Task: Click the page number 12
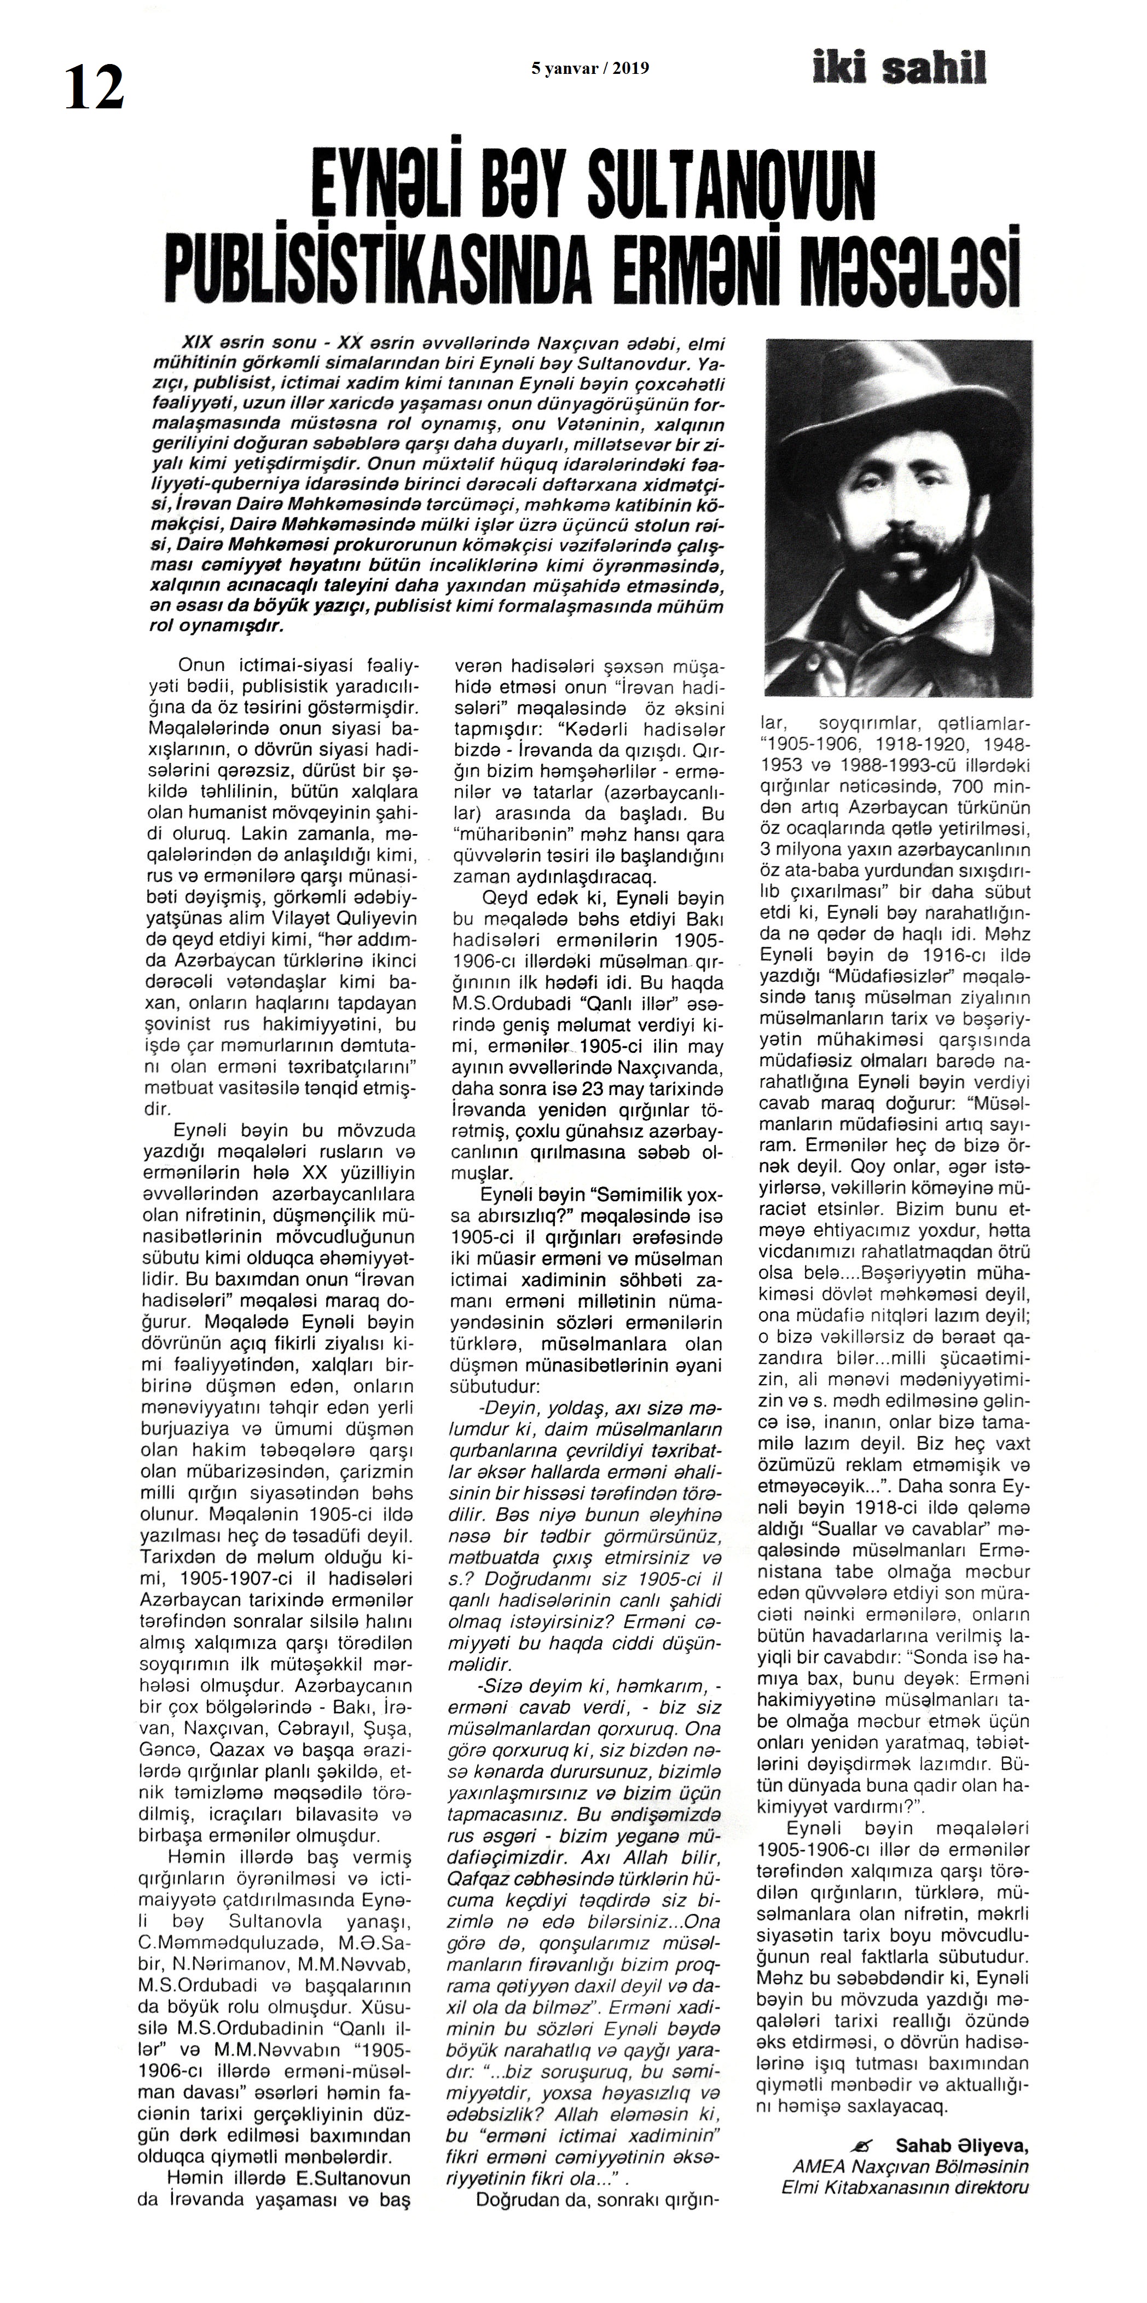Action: tap(93, 89)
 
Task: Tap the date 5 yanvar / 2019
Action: tap(590, 68)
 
